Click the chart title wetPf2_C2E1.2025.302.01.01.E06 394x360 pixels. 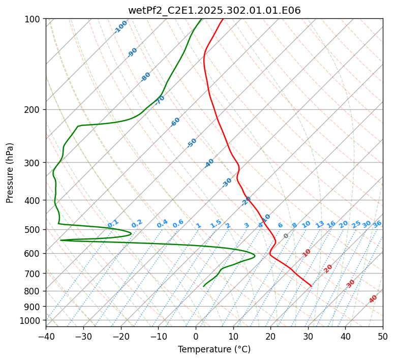[x=214, y=11]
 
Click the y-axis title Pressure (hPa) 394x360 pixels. [x=10, y=173]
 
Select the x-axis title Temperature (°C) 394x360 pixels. [x=214, y=349]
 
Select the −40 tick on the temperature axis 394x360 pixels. [x=46, y=337]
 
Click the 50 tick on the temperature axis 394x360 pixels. [x=383, y=337]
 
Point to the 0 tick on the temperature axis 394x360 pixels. [x=196, y=337]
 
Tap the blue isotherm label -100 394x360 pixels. [x=120, y=27]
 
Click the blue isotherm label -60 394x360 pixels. [x=175, y=122]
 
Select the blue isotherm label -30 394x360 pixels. [x=227, y=182]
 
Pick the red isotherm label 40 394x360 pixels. [x=373, y=299]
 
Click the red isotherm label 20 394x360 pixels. [x=328, y=268]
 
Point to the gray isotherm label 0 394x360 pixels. [x=286, y=236]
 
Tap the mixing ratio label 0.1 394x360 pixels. [x=113, y=223]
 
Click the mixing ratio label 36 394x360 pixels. [x=377, y=224]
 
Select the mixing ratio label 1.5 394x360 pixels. [x=216, y=223]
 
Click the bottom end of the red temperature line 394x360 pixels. [x=311, y=286]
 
